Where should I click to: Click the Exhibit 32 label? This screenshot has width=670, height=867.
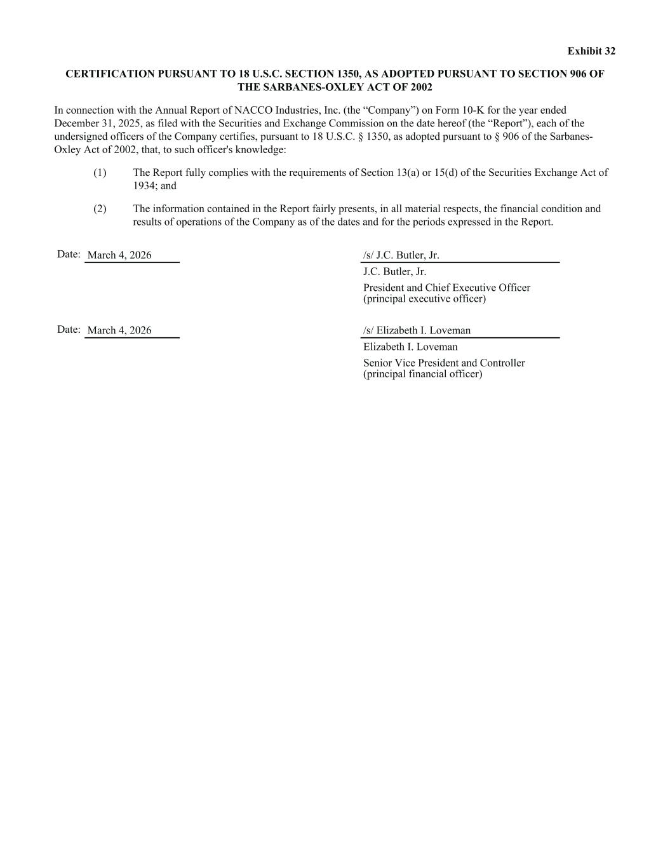591,51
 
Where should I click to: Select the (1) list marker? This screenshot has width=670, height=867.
100,173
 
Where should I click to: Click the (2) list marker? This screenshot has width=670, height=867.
100,209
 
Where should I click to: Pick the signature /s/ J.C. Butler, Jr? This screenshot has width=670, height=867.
401,255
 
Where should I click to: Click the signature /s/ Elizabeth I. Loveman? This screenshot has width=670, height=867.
417,330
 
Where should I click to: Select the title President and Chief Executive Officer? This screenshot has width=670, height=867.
446,288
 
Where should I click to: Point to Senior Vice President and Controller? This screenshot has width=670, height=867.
444,363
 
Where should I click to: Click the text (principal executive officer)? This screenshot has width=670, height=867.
424,299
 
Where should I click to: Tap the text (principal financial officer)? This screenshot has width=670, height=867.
422,373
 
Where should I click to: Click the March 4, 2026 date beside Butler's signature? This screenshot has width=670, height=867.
119,255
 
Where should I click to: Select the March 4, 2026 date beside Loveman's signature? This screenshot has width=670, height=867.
119,330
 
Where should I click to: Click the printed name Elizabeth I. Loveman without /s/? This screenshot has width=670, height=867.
410,347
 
